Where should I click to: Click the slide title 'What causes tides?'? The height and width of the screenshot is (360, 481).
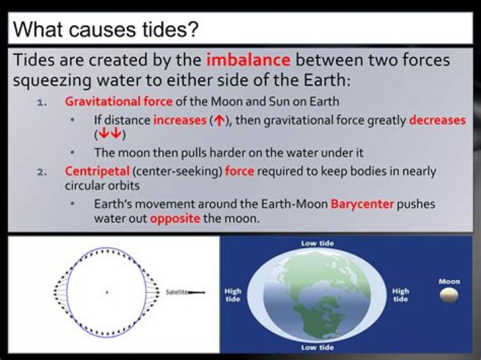point(106,29)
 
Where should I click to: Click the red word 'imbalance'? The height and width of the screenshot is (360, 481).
point(248,60)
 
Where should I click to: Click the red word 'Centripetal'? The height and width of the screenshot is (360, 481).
point(92,171)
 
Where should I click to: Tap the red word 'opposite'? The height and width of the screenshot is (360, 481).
point(175,218)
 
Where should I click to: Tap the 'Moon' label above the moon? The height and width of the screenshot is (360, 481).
point(450,281)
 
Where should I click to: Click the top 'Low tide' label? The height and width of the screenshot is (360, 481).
point(317,244)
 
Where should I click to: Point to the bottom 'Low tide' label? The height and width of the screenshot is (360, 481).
point(317,348)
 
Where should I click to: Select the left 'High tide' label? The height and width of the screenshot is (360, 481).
point(234,295)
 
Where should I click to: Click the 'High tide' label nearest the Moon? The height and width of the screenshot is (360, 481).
point(400,295)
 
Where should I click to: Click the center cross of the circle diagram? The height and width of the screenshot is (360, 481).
point(107,293)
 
